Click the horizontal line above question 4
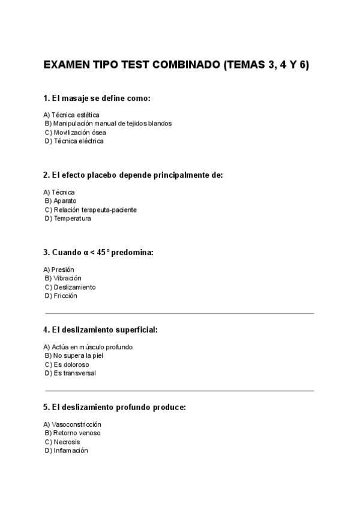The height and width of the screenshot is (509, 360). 179,313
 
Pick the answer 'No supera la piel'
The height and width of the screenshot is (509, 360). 74,356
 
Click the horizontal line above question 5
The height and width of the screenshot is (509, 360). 179,391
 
